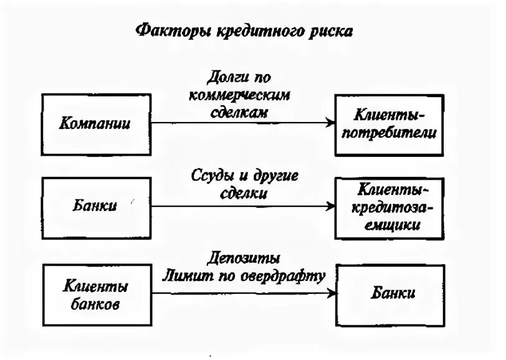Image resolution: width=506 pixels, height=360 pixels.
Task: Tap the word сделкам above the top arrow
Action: point(246,113)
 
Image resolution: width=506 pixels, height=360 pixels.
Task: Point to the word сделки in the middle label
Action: point(247,193)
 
